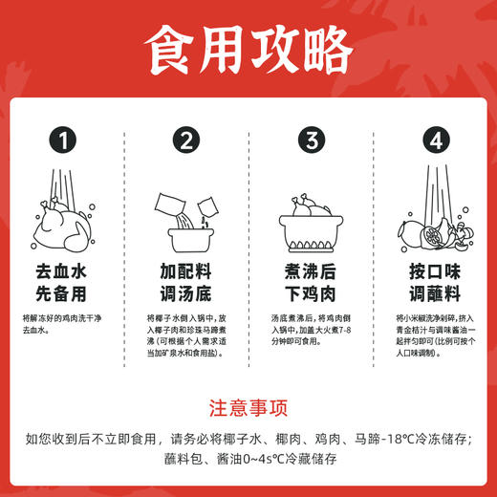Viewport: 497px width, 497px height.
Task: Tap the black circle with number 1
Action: (64, 142)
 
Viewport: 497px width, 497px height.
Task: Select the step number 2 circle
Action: (186, 142)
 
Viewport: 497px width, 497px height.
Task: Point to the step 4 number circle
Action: (435, 142)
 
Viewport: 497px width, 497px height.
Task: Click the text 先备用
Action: (64, 293)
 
